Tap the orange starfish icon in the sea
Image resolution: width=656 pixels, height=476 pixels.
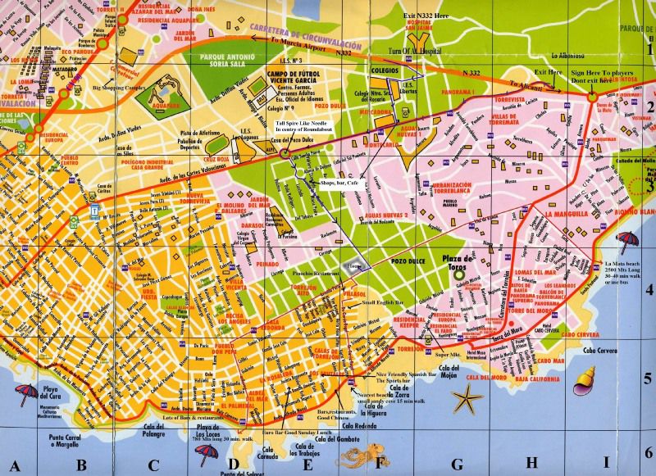(468, 399)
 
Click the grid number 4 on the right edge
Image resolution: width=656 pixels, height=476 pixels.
(648, 288)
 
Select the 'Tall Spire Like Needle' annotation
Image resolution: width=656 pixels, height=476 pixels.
(307, 124)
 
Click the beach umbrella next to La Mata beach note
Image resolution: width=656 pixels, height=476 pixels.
(627, 240)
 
